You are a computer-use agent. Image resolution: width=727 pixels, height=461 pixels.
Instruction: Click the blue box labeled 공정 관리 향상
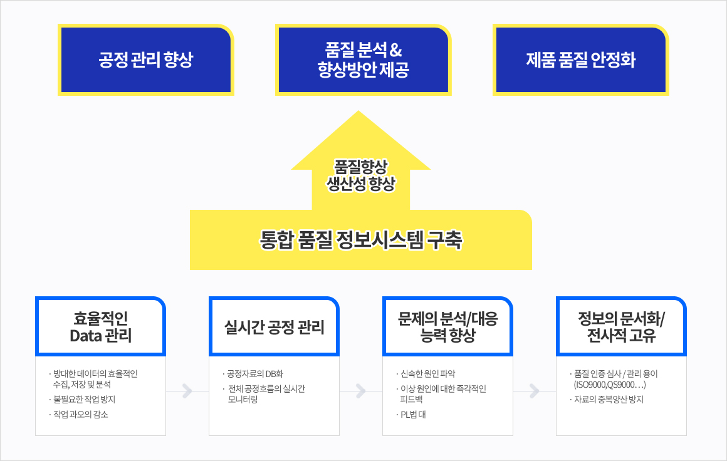coord(145,60)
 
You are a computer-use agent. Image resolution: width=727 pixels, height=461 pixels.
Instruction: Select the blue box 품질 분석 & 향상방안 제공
coord(363,60)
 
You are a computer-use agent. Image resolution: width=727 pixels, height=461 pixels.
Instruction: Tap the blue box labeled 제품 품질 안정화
coord(580,60)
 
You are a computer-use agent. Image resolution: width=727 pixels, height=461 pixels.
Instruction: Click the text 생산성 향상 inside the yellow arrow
coord(361,184)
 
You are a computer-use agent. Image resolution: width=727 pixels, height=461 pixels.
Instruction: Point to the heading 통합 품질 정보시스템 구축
coord(361,240)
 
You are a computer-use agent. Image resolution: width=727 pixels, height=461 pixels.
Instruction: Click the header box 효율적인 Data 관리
coord(101,326)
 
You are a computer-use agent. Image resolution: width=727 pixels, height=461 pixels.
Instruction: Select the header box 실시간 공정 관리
coord(274,326)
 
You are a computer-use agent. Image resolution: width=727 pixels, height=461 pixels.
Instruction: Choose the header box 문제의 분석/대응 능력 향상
coord(447,326)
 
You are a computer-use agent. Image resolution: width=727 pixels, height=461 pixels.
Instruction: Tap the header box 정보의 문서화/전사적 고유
coord(621,326)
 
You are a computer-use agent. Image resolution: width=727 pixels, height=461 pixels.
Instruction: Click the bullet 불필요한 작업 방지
coord(83,400)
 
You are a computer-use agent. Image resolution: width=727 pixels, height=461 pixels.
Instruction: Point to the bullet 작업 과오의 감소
coord(79,414)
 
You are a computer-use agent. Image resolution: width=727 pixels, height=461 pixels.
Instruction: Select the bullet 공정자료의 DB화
coord(253,374)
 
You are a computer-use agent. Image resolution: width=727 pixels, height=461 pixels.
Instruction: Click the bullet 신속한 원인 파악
coord(426,374)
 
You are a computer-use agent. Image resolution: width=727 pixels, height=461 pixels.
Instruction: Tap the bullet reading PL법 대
coord(411,414)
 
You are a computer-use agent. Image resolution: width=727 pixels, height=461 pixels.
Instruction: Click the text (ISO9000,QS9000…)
coord(610,385)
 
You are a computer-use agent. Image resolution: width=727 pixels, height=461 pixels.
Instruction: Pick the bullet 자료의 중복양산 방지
coord(607,400)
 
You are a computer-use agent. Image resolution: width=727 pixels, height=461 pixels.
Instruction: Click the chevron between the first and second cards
coord(187,391)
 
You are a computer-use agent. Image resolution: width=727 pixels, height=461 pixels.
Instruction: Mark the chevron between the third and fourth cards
coord(534,391)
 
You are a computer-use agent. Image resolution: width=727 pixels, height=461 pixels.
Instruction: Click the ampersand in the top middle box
coord(395,49)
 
